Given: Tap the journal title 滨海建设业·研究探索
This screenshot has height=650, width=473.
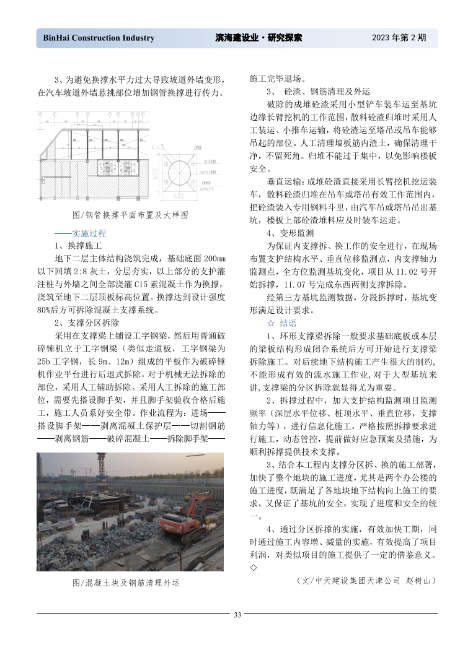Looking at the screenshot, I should tap(259, 38).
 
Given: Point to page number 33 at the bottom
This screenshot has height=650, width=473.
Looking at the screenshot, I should tap(237, 614).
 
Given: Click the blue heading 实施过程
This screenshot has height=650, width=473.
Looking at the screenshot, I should tap(89, 233).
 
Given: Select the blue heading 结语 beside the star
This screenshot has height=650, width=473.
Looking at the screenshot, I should tap(288, 323).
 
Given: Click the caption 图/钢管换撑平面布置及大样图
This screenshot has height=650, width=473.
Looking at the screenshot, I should tap(130, 215).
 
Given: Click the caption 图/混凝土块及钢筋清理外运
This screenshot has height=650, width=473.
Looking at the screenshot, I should tap(126, 583).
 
